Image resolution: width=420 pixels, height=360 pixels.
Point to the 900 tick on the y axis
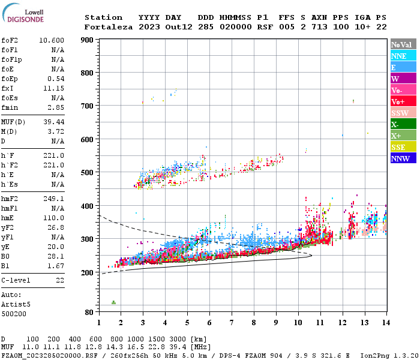pos(87,40)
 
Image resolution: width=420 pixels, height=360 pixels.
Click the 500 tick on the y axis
pos(87,173)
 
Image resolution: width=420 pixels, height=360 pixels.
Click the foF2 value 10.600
pos(52,40)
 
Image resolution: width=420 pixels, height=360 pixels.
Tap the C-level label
pos(16,280)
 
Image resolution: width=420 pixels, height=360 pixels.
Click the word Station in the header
pos(103,17)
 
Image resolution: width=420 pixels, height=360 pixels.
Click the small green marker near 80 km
pos(113,302)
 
